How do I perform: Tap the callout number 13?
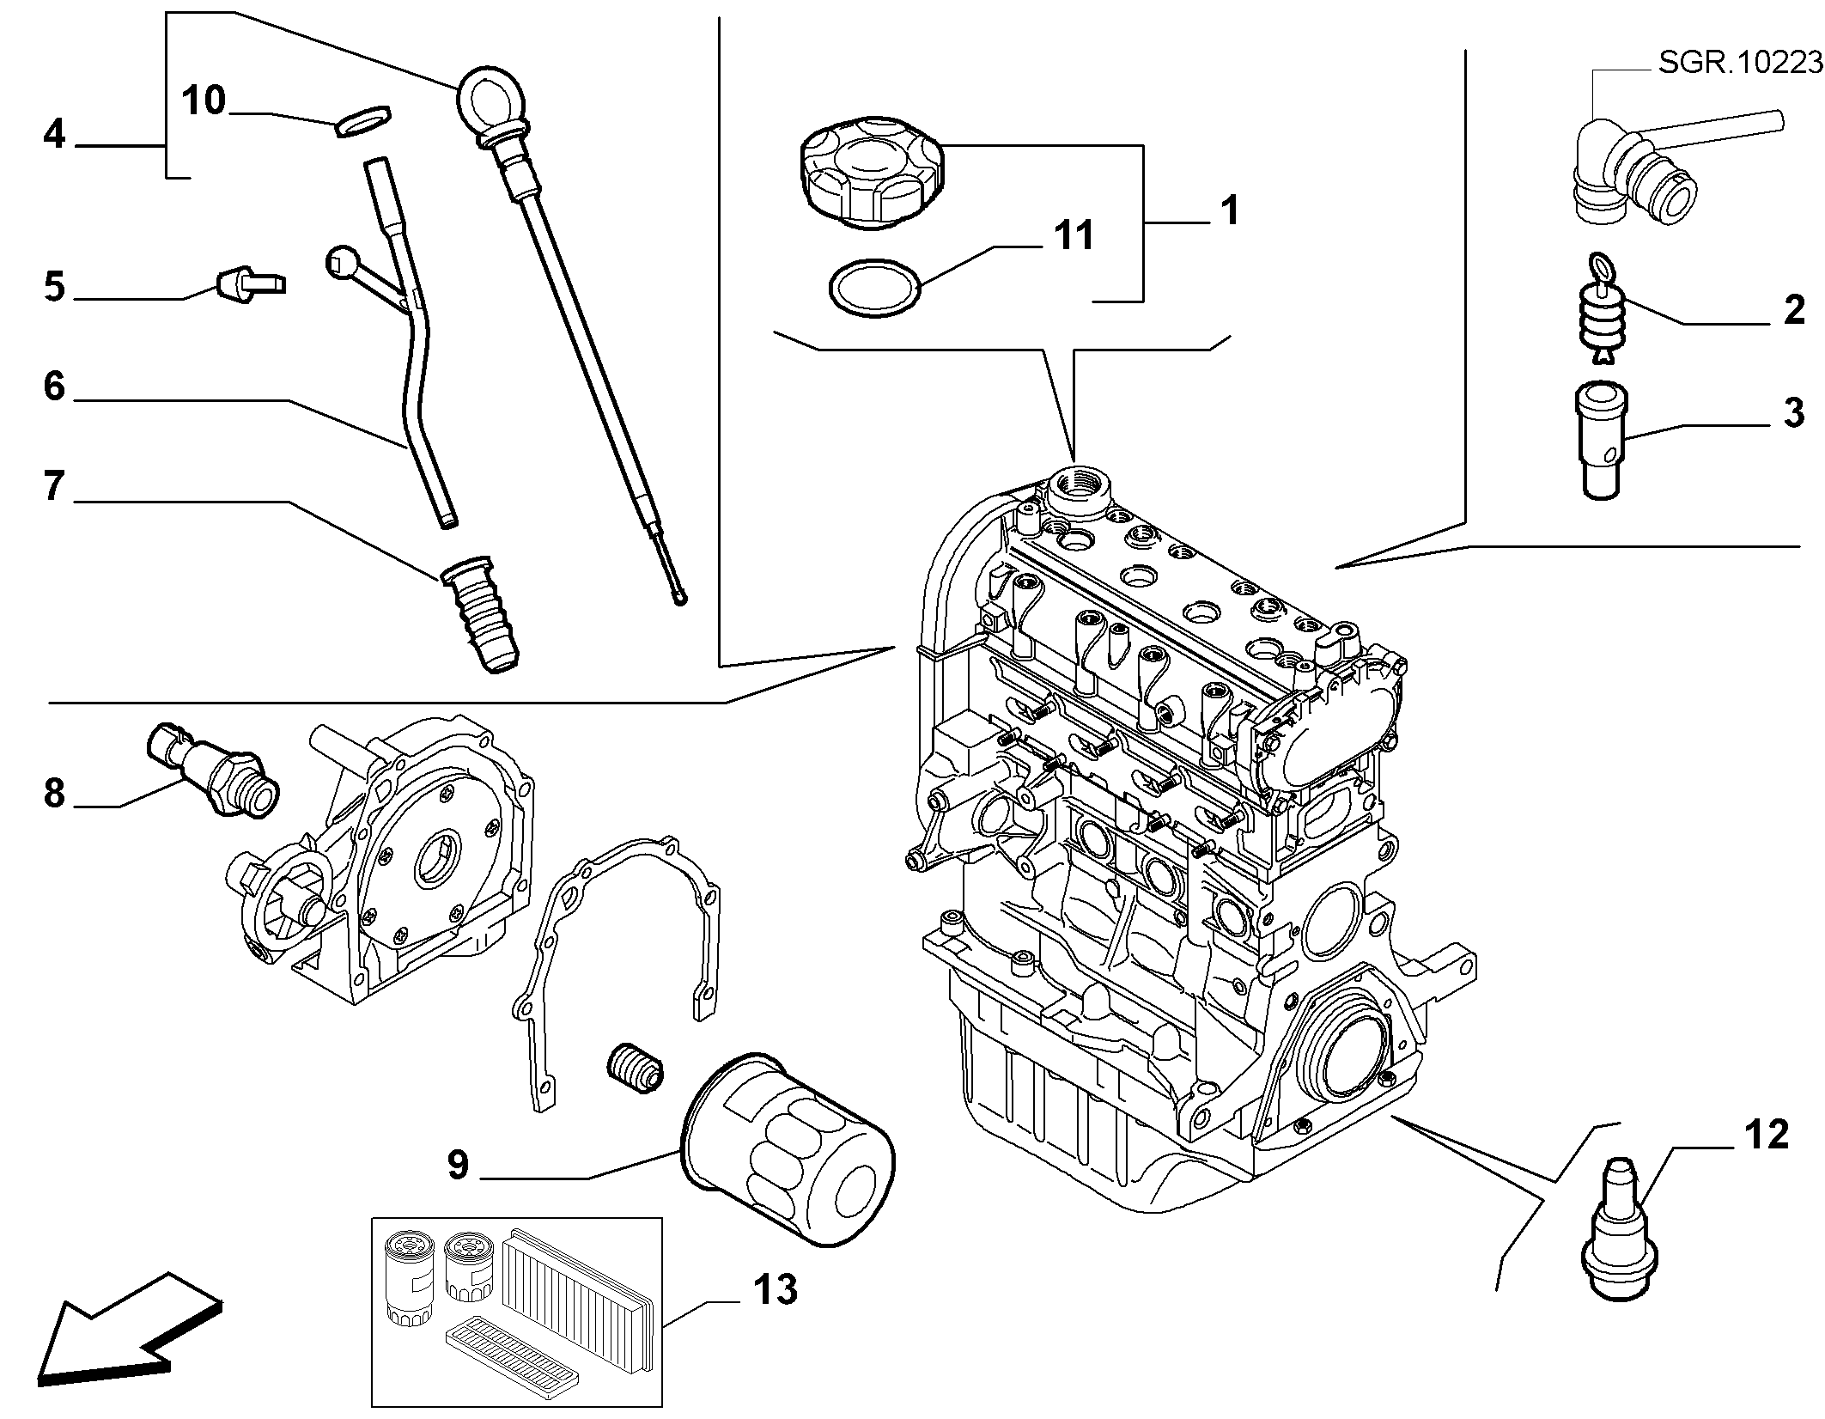pyautogui.click(x=775, y=1290)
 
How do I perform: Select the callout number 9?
pyautogui.click(x=459, y=1165)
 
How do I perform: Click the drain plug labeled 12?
pyautogui.click(x=1619, y=1229)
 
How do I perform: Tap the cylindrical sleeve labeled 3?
pyautogui.click(x=1603, y=440)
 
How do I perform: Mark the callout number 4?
pyautogui.click(x=54, y=135)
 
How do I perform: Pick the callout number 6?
pyautogui.click(x=54, y=387)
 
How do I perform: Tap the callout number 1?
pyautogui.click(x=1230, y=210)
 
